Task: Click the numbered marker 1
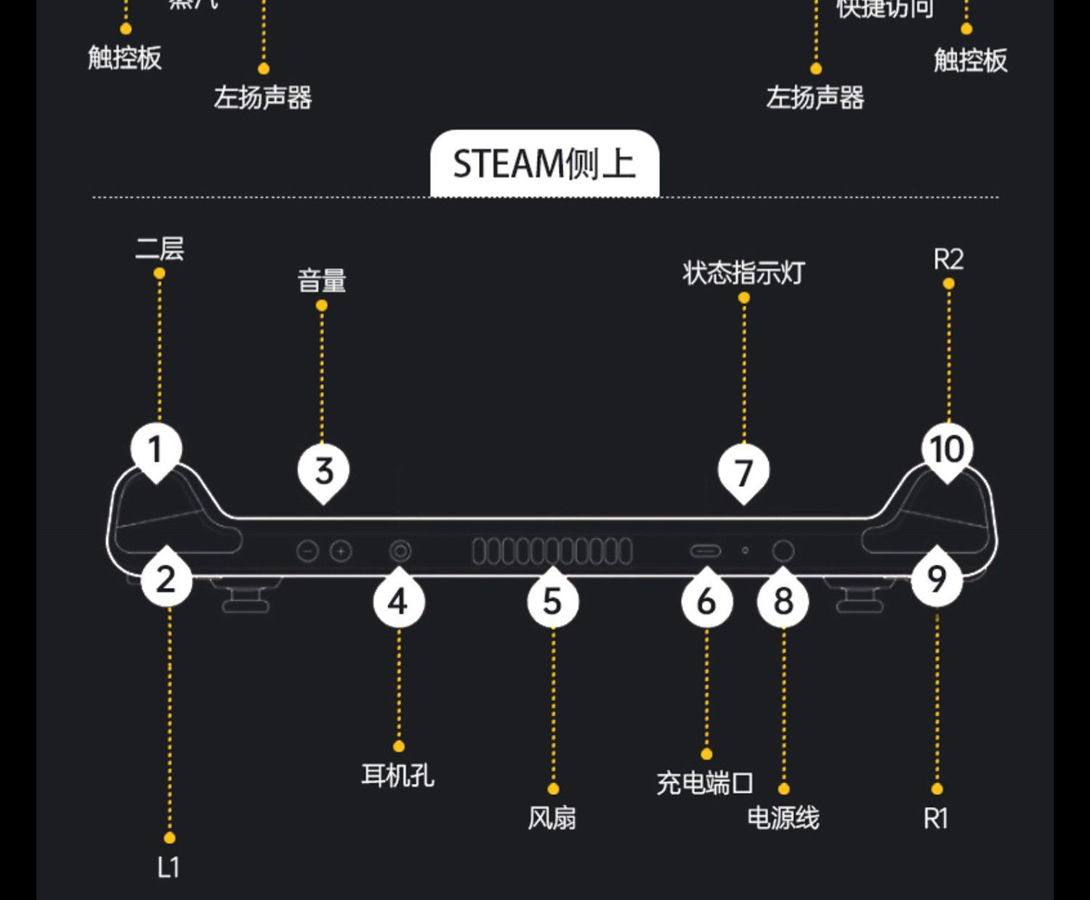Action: pyautogui.click(x=155, y=450)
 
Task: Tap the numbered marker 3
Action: pyautogui.click(x=324, y=471)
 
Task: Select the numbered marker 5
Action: pyautogui.click(x=552, y=602)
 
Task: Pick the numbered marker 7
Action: pyautogui.click(x=743, y=473)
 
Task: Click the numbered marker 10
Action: pyautogui.click(x=947, y=450)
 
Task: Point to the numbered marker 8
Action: pyautogui.click(x=783, y=602)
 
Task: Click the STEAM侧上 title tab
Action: pyautogui.click(x=544, y=164)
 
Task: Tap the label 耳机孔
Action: pyautogui.click(x=398, y=776)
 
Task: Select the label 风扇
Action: pyautogui.click(x=552, y=819)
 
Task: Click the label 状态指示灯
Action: pyautogui.click(x=743, y=273)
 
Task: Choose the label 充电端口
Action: pyautogui.click(x=705, y=784)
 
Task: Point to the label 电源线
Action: pyautogui.click(x=783, y=819)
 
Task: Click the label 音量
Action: pyautogui.click(x=322, y=281)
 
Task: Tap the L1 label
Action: pyautogui.click(x=169, y=867)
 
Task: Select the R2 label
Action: pyautogui.click(x=948, y=260)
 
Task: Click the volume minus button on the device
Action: pyautogui.click(x=308, y=552)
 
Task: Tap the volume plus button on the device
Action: pyautogui.click(x=341, y=552)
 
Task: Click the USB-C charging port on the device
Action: pyautogui.click(x=705, y=551)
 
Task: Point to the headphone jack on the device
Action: pyautogui.click(x=400, y=551)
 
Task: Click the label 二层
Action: pyautogui.click(x=160, y=249)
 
